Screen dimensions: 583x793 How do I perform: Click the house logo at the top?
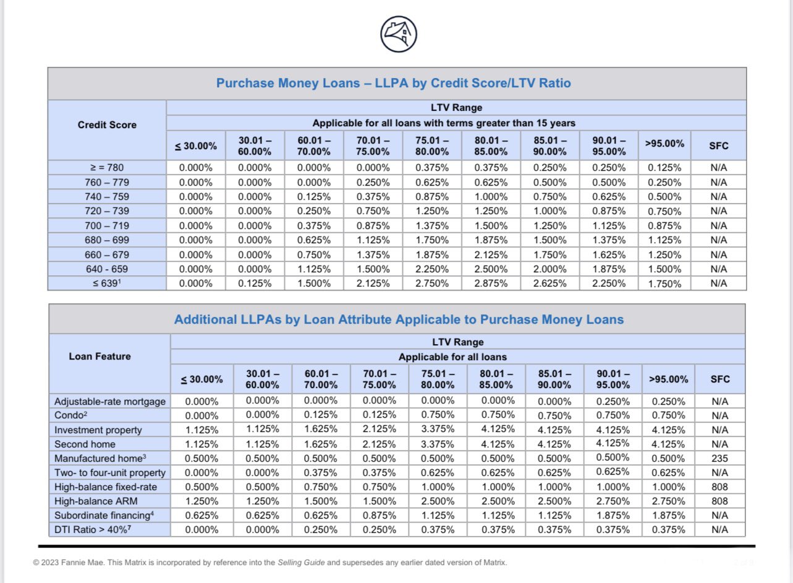point(399,34)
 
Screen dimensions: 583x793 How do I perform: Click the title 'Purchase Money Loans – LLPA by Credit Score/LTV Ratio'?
point(393,83)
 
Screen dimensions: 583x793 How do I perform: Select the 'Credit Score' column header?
point(107,124)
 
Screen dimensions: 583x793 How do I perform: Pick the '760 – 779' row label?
point(107,183)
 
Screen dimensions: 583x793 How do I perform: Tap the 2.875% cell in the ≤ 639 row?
point(491,283)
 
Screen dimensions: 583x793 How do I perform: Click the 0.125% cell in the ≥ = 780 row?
point(664,168)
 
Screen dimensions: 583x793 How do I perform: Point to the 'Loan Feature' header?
point(100,356)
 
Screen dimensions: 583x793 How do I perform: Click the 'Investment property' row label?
point(98,430)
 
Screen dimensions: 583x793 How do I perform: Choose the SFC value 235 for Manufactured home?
point(719,459)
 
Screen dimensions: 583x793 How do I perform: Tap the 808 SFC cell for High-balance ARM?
point(719,501)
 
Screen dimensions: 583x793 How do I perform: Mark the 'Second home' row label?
point(85,444)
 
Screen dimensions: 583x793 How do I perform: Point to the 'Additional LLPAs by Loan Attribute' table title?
point(399,320)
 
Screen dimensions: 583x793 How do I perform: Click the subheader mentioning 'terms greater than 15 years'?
point(444,123)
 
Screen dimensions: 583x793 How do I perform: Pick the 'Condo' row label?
point(69,416)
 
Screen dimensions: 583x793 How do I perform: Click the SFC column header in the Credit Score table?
point(719,146)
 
